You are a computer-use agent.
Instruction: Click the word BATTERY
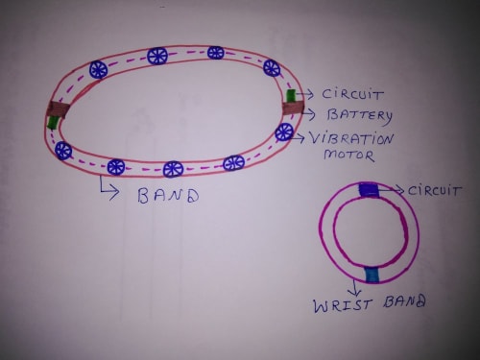click(360, 116)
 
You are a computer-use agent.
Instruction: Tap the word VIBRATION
click(351, 139)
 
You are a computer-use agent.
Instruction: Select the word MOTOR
click(348, 155)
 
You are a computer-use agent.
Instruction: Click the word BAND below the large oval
click(168, 195)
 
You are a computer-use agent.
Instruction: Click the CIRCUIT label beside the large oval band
click(352, 94)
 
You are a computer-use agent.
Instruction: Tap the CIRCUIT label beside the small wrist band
click(434, 191)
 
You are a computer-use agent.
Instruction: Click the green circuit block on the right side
click(291, 97)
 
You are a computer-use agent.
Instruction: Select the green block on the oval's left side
click(52, 122)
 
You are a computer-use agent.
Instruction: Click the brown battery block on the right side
click(293, 108)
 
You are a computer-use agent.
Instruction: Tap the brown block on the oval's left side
click(58, 109)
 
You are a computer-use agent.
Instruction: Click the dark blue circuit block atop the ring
click(369, 189)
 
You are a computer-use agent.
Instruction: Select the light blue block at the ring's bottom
click(372, 275)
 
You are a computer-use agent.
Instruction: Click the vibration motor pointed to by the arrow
click(284, 132)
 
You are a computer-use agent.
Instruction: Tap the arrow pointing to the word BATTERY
click(309, 114)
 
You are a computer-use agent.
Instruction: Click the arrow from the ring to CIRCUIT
click(392, 191)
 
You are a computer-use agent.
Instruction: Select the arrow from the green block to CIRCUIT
click(305, 94)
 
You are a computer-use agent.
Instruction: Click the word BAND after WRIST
click(404, 301)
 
